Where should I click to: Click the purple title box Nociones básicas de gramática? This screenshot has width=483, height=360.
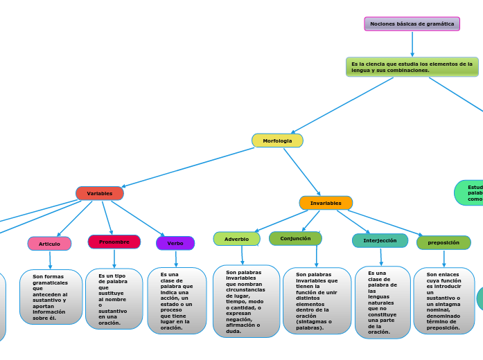(412, 24)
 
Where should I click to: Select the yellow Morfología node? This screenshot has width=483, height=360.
(277, 141)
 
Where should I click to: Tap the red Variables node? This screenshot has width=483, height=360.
(100, 193)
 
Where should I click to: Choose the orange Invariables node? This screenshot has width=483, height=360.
(326, 203)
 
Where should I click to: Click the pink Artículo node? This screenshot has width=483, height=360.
(49, 244)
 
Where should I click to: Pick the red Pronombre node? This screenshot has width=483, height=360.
(114, 242)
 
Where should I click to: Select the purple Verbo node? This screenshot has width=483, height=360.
(175, 243)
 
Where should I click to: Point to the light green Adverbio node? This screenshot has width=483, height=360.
(236, 239)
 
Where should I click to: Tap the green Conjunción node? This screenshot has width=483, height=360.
(295, 238)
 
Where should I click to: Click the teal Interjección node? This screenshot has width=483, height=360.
(380, 240)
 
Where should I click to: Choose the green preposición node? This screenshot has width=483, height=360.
(444, 242)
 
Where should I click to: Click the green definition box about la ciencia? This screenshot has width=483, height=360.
(412, 67)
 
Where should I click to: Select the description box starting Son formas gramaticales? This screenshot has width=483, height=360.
(51, 297)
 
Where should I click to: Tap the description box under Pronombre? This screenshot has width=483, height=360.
(114, 298)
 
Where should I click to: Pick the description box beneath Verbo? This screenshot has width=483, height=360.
(177, 300)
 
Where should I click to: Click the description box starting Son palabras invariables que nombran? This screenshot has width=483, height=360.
(246, 301)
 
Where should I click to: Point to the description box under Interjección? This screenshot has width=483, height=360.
(383, 303)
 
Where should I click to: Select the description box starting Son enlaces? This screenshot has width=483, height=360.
(444, 300)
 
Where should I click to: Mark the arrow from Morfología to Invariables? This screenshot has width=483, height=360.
(302, 172)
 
